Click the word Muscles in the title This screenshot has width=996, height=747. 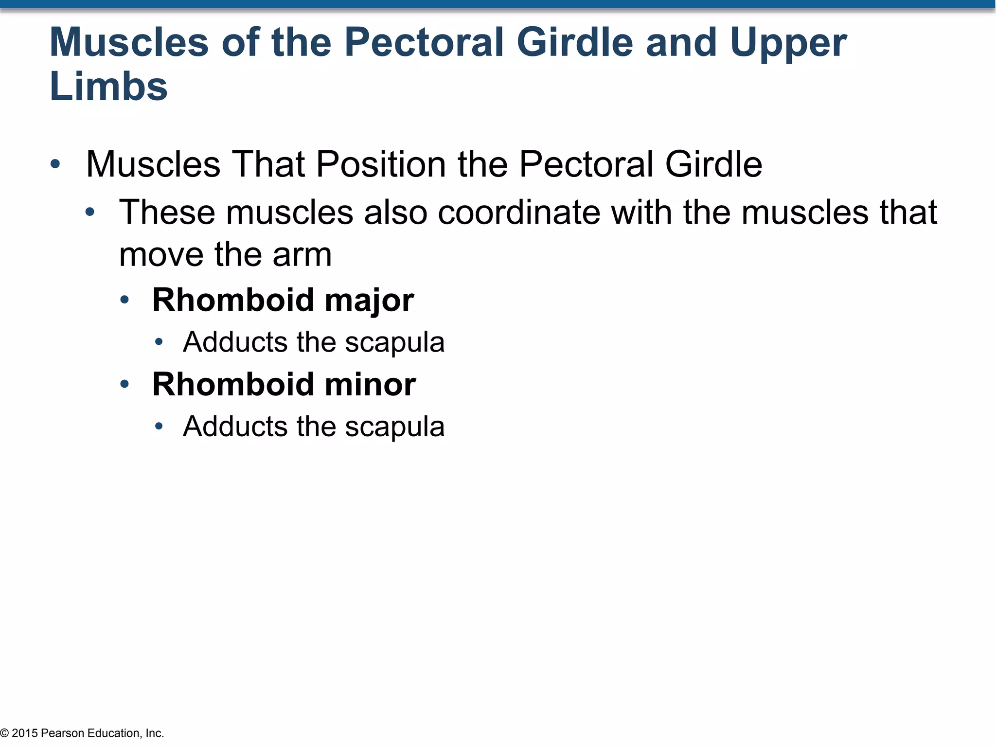tap(129, 43)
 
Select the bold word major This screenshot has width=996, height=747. tap(369, 301)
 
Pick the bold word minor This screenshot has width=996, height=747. tap(370, 385)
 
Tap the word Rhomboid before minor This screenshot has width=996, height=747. tap(233, 385)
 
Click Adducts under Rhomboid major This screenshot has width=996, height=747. tap(235, 342)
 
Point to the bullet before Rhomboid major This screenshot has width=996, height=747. tap(124, 300)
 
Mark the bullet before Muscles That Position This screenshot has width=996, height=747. tap(55, 164)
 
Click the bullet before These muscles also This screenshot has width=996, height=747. tap(90, 213)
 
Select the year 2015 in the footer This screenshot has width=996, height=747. tap(25, 733)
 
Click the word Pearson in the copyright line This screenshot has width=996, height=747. tap(63, 733)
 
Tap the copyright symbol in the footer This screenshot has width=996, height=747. tap(4, 733)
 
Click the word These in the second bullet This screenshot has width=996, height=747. tap(167, 213)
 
